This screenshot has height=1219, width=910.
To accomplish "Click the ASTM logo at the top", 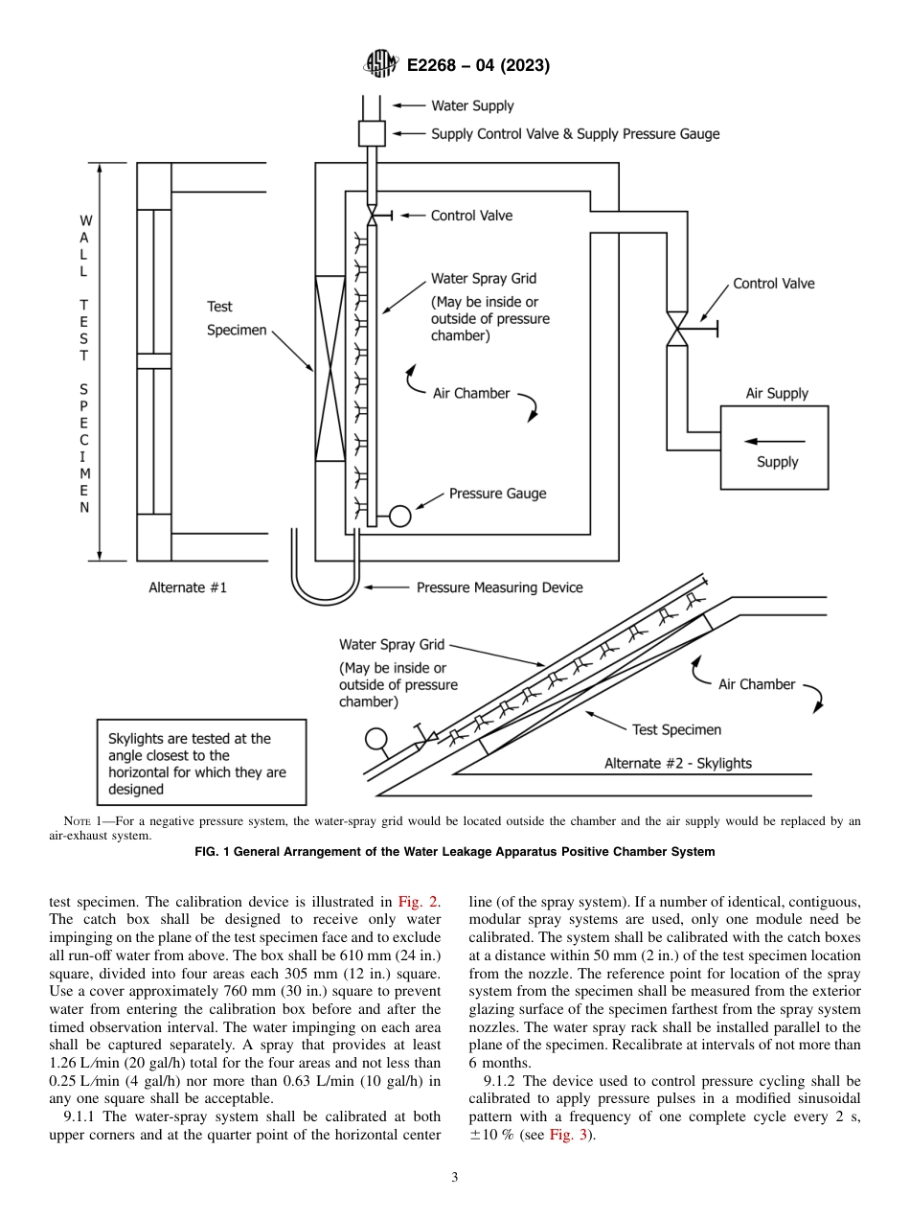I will pyautogui.click(x=381, y=65).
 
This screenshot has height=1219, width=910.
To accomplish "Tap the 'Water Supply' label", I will pyautogui.click(x=472, y=106).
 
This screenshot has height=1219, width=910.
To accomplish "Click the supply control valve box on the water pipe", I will pyautogui.click(x=372, y=133).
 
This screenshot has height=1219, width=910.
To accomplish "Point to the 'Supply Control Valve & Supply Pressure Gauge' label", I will pyautogui.click(x=575, y=134).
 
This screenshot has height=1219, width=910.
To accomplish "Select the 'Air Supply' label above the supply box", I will pyautogui.click(x=777, y=393).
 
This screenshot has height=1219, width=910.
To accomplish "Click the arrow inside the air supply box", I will pyautogui.click(x=775, y=441).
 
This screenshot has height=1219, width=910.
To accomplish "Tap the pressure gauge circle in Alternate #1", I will pyautogui.click(x=399, y=517).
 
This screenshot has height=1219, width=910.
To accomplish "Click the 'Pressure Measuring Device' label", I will pyautogui.click(x=499, y=587).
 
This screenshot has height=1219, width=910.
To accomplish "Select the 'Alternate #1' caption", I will pyautogui.click(x=188, y=587).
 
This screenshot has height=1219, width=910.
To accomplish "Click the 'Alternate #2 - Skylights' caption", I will pyautogui.click(x=677, y=763).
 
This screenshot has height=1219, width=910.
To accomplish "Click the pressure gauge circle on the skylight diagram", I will pyautogui.click(x=375, y=739).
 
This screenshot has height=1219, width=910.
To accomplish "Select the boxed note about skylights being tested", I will pyautogui.click(x=201, y=764).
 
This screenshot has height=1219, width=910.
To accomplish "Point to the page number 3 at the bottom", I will pyautogui.click(x=455, y=1178).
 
